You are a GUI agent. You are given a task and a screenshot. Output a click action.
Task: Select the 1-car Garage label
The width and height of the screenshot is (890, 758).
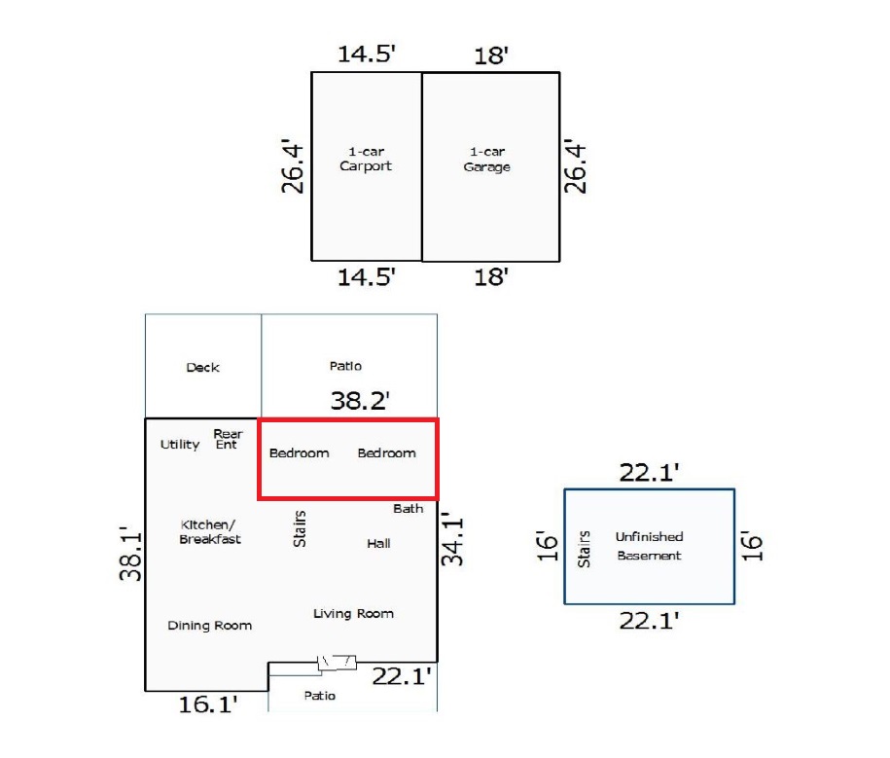tap(487, 159)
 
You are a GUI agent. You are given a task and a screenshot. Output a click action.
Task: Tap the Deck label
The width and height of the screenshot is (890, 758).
tap(202, 367)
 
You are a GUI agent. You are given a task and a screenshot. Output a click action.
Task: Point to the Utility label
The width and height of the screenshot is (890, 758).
tap(180, 445)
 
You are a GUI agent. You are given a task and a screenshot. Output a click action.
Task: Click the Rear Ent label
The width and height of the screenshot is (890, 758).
tap(228, 439)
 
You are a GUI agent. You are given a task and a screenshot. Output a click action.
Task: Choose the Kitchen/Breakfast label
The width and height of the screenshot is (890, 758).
tap(210, 531)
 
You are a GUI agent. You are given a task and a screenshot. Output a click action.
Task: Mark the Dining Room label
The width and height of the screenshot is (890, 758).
tap(209, 626)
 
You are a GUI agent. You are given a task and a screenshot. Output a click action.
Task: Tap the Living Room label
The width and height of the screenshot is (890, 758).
tap(353, 613)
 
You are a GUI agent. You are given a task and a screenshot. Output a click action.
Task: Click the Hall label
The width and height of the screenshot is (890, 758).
tap(378, 543)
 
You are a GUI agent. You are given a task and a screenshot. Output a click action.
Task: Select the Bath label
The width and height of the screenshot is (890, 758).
tap(409, 508)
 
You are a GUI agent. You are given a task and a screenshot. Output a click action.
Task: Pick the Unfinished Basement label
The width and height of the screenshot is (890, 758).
tap(649, 546)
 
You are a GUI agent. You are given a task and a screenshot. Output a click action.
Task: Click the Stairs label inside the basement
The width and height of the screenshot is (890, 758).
tap(585, 549)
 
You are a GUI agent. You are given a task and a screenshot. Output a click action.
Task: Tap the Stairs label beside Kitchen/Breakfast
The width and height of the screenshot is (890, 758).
tap(300, 528)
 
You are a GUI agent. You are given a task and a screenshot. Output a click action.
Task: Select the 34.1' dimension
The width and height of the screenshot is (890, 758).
tap(452, 541)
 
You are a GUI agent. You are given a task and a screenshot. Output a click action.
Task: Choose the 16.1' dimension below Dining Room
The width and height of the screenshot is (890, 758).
tap(209, 704)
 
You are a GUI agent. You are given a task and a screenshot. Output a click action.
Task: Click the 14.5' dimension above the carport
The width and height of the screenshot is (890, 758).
tap(366, 54)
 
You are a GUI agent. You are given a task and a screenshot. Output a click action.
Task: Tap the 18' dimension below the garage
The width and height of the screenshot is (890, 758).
tap(491, 277)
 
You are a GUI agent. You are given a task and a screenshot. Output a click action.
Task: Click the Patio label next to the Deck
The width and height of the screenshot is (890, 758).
tap(345, 366)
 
